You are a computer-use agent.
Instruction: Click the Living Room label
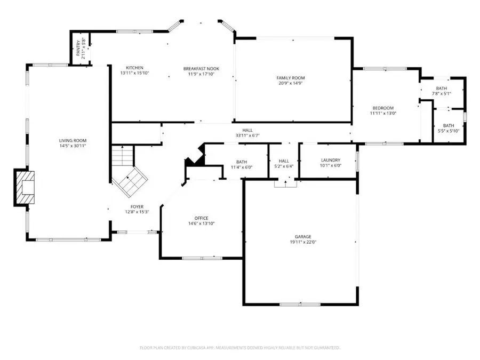73,140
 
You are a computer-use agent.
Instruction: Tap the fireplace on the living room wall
23,187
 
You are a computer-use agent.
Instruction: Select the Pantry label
78,49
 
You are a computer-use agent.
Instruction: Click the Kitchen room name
134,68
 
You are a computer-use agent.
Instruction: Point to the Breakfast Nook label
201,68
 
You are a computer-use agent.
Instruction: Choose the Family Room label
291,78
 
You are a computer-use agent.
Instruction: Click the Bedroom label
383,108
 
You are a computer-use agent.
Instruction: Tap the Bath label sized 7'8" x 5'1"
441,89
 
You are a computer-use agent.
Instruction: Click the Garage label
303,236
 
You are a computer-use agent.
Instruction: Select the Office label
201,218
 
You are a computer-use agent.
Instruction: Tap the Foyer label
137,206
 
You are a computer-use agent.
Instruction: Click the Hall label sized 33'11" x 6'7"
247,130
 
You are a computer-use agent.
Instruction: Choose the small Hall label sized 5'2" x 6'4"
284,161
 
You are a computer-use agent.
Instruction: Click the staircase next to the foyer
127,171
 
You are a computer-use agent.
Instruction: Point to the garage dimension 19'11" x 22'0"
303,242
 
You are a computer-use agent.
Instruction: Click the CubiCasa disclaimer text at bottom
240,348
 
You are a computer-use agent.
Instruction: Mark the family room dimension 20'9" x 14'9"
291,84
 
